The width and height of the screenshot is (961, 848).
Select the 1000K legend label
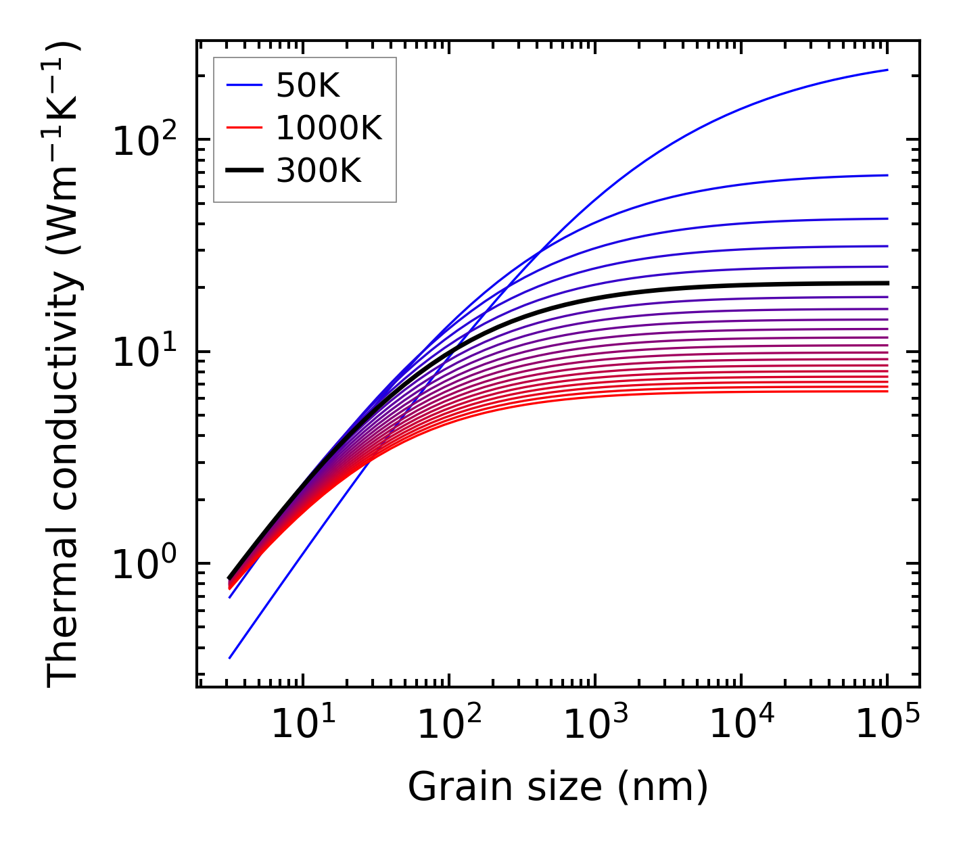click(x=329, y=128)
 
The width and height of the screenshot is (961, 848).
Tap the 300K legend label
click(x=319, y=172)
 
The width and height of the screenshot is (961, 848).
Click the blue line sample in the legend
click(x=243, y=86)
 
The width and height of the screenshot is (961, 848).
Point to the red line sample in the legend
click(x=243, y=128)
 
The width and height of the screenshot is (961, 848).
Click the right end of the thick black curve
click(x=887, y=283)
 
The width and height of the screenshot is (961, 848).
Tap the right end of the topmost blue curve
click(x=887, y=70)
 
